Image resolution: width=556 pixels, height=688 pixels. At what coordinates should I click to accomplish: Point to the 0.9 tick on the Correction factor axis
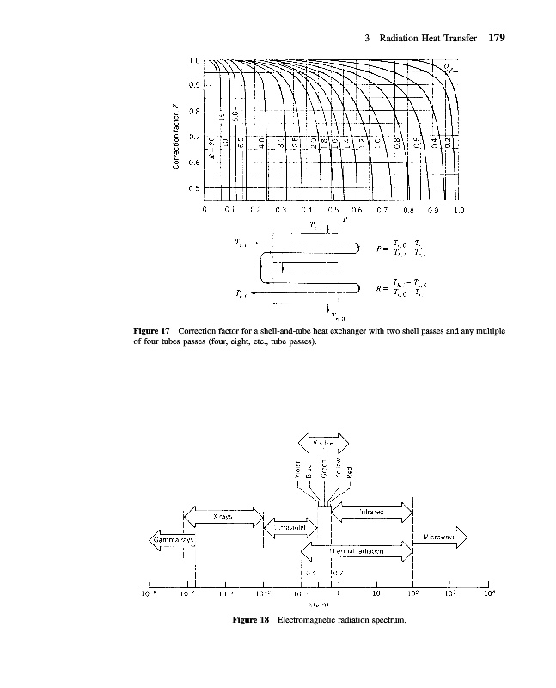point(194,85)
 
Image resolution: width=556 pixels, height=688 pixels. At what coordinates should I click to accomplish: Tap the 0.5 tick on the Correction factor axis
point(194,187)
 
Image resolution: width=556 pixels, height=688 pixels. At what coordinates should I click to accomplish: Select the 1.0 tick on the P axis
point(459,208)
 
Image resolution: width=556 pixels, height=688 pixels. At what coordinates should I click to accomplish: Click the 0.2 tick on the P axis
point(255,208)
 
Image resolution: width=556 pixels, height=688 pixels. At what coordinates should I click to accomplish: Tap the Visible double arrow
point(324,441)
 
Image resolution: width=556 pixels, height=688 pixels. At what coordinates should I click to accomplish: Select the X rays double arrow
point(223,516)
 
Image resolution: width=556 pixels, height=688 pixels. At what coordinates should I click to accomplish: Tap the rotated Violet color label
point(295,470)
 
